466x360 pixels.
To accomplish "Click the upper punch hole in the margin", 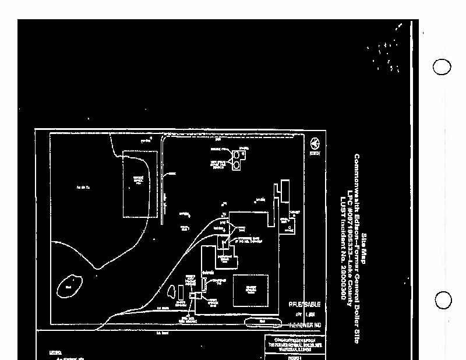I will pyautogui.click(x=442, y=67).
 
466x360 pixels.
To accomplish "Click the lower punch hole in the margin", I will pyautogui.click(x=443, y=301).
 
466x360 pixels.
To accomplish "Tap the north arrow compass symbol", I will pyautogui.click(x=315, y=143).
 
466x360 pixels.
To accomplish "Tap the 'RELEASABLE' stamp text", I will pyautogui.click(x=304, y=304).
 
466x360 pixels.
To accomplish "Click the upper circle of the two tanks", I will pyautogui.click(x=237, y=155).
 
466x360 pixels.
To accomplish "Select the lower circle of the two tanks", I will pyautogui.click(x=236, y=166).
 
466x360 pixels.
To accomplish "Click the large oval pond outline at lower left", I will pyautogui.click(x=69, y=287).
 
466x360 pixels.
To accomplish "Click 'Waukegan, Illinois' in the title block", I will pyautogui.click(x=295, y=349).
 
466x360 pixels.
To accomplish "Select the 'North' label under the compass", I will pyautogui.click(x=315, y=153).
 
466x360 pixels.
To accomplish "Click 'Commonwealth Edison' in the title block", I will pyautogui.click(x=295, y=339).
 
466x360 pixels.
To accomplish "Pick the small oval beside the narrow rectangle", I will pyautogui.click(x=171, y=291).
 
